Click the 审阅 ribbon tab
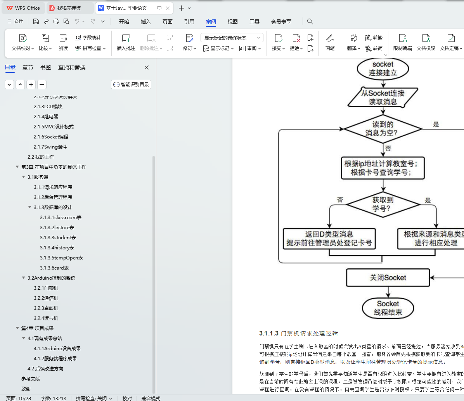(211, 22)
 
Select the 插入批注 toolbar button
(126, 43)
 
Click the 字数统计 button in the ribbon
(88, 38)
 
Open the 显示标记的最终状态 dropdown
(232, 38)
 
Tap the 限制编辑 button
(402, 43)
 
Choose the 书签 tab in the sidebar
(46, 67)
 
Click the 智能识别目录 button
(131, 85)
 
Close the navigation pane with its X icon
(147, 67)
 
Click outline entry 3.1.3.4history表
(57, 248)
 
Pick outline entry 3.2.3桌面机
(46, 308)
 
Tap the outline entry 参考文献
(31, 379)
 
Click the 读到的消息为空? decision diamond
(383, 129)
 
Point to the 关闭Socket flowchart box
(388, 278)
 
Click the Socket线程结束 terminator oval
(388, 308)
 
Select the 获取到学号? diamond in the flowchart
(383, 204)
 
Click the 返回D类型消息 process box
(329, 239)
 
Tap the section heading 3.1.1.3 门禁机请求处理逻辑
(299, 334)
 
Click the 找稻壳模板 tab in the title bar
(69, 8)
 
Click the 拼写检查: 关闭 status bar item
(93, 398)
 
